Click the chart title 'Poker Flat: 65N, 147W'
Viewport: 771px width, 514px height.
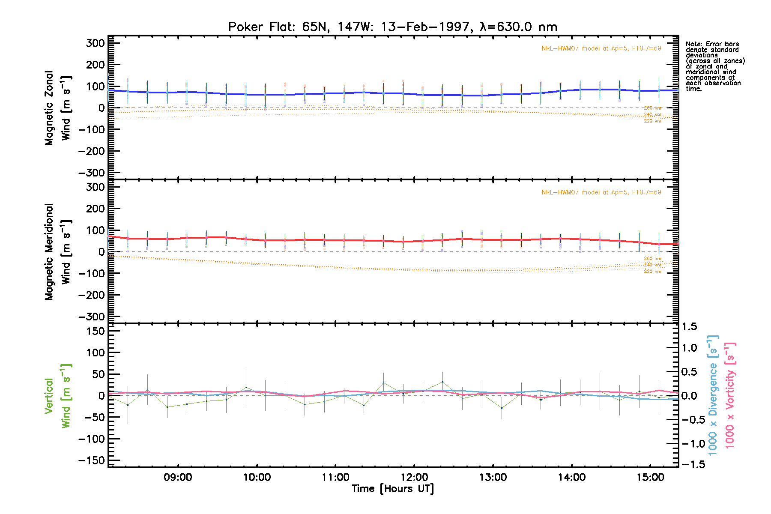coord(392,27)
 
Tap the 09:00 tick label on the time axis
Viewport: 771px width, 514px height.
coord(178,477)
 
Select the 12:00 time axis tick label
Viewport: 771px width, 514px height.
coord(414,477)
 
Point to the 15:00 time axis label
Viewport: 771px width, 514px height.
coord(650,477)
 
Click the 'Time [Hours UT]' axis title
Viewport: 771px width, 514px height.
coord(392,489)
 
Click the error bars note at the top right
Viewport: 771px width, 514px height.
coord(715,66)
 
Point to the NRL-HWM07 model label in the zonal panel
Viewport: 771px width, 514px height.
coord(601,48)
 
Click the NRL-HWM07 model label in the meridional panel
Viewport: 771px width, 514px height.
coord(601,192)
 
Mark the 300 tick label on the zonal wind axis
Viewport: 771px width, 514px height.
coord(95,43)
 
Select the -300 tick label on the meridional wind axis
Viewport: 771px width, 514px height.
coord(92,317)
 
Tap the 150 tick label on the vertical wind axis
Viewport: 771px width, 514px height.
coord(95,331)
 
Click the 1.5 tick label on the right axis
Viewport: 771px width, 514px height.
coord(689,327)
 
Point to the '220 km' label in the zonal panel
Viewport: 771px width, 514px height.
coord(652,121)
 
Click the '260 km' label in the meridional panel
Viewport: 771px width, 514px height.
coord(652,259)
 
